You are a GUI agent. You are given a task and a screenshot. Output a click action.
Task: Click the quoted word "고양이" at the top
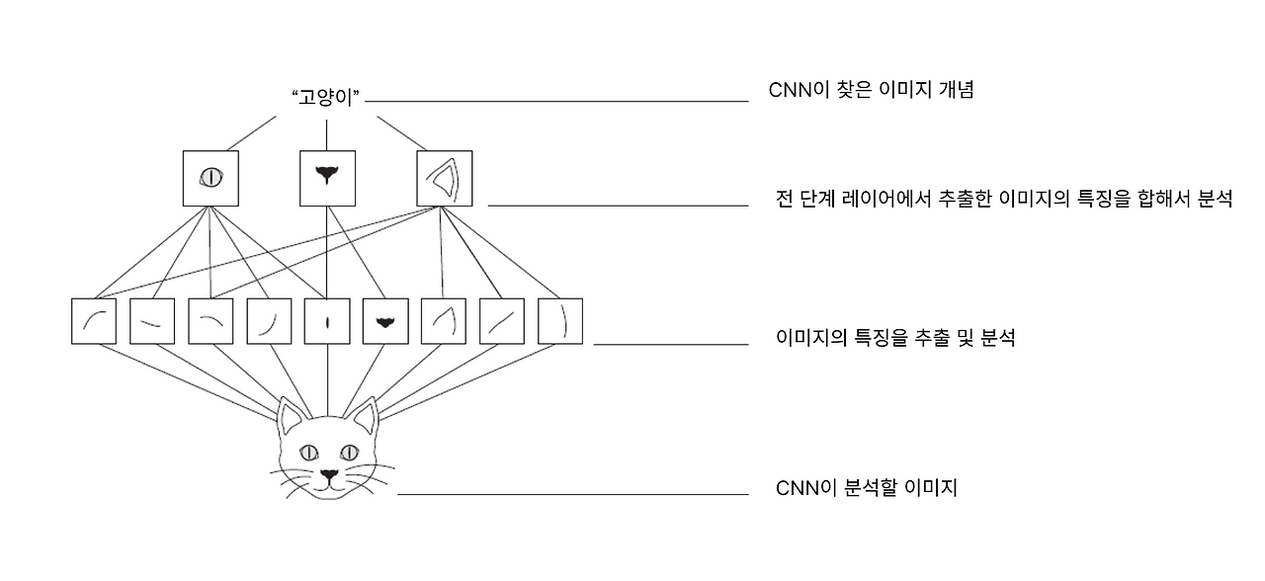pos(324,99)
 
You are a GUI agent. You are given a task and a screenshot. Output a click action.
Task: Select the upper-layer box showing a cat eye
pos(211,178)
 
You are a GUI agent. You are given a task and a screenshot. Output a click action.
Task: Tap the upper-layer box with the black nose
pos(326,178)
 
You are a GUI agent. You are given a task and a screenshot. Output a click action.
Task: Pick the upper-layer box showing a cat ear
pos(444,178)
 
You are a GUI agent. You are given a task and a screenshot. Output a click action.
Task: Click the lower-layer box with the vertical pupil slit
pos(327,321)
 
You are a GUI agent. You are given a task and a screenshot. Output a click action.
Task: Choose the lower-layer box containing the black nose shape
pos(385,321)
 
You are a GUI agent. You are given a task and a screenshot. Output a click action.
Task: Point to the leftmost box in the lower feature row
pos(94,321)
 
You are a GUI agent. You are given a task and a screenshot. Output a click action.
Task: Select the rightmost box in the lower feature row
pos(560,321)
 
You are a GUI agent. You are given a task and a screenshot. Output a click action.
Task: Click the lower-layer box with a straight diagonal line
pos(502,321)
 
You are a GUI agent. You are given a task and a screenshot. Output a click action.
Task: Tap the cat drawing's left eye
pos(306,453)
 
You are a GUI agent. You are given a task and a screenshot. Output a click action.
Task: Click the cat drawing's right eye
pos(350,453)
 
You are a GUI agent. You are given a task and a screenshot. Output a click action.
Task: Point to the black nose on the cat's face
pos(328,475)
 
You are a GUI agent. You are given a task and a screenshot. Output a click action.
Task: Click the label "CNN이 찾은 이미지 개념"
pos(872,90)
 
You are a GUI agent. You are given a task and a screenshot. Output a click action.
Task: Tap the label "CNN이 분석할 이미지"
pos(867,487)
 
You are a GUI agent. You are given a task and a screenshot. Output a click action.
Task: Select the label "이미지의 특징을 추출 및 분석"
pos(896,338)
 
